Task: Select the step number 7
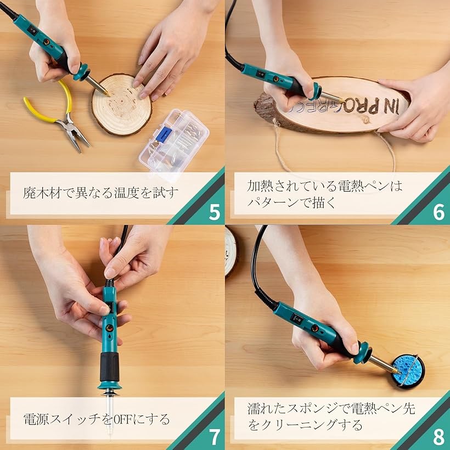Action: pos(215,437)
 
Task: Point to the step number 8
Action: pos(438,437)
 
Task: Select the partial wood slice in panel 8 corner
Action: pos(231,250)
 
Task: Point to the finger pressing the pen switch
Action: pos(110,272)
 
